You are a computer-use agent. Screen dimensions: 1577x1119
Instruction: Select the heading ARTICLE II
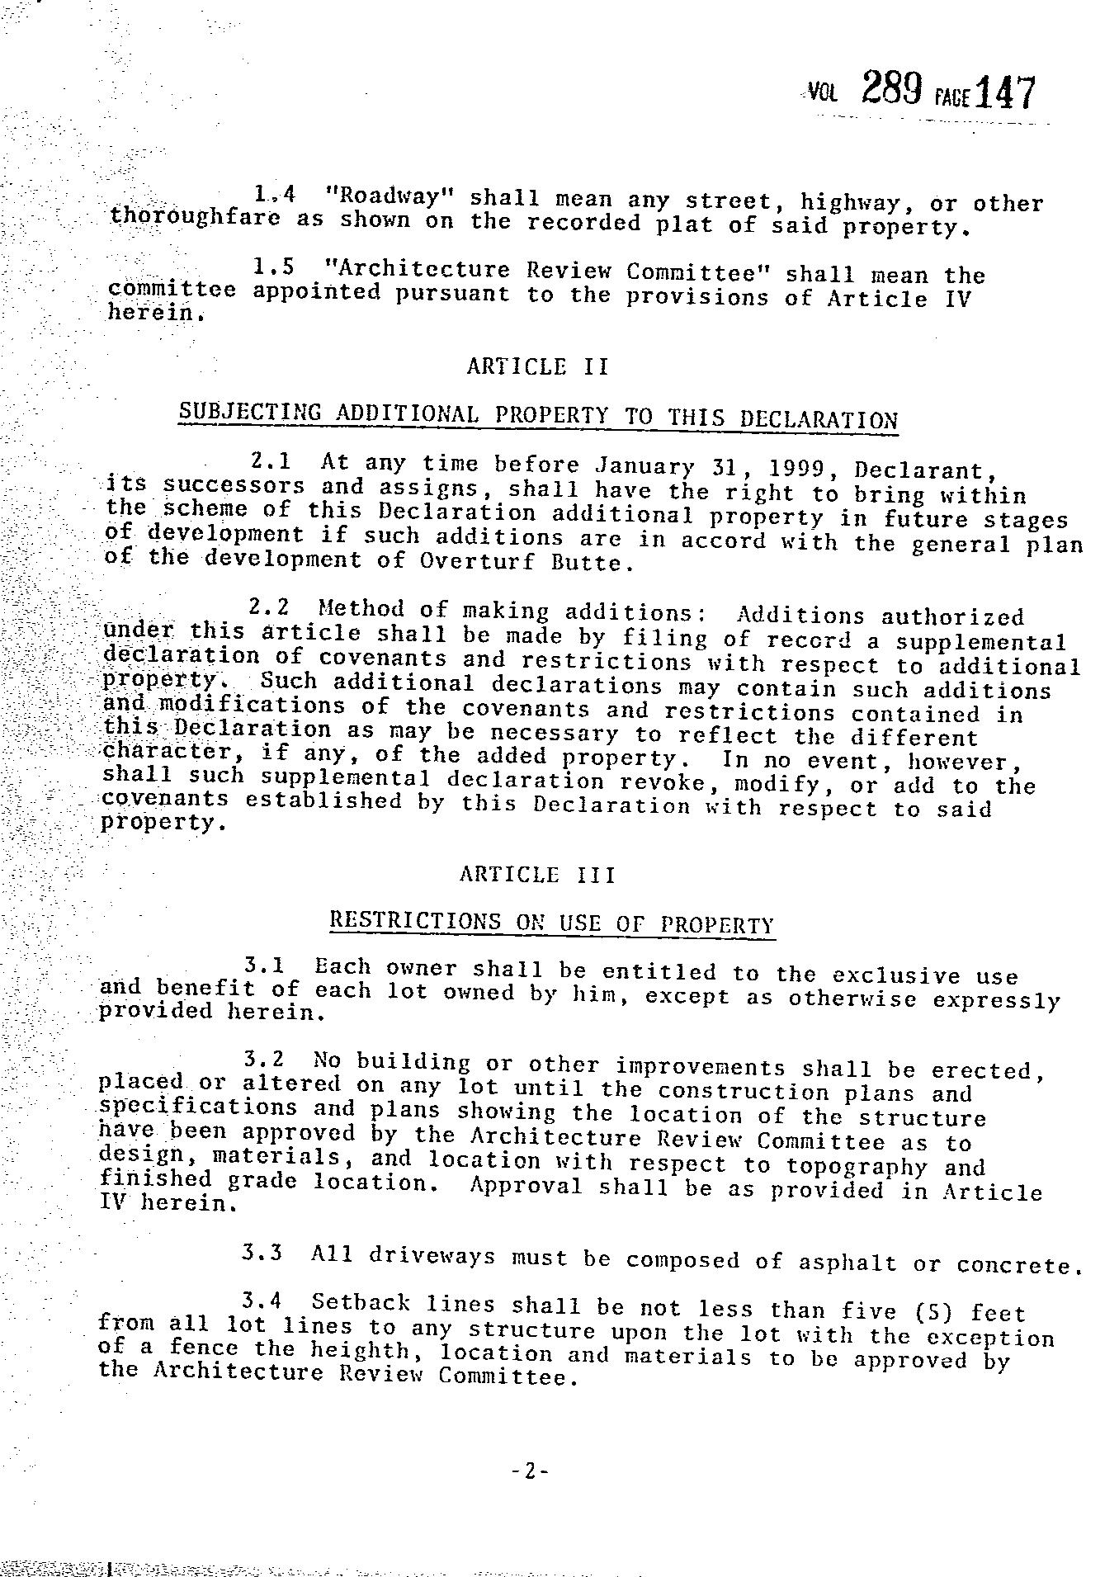pyautogui.click(x=537, y=366)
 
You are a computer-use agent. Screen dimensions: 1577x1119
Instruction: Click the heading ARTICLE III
pyautogui.click(x=537, y=875)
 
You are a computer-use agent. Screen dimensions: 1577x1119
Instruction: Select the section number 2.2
pyautogui.click(x=269, y=608)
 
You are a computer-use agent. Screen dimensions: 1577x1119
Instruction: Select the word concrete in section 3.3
pyautogui.click(x=1018, y=1265)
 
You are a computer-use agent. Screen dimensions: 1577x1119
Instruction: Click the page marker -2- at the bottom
pyautogui.click(x=529, y=1470)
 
